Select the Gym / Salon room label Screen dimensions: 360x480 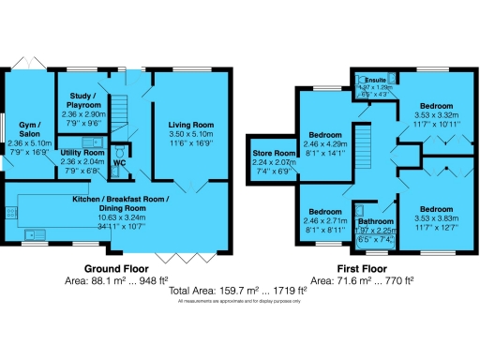click(26, 137)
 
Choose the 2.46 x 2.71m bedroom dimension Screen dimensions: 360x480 click(322, 219)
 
